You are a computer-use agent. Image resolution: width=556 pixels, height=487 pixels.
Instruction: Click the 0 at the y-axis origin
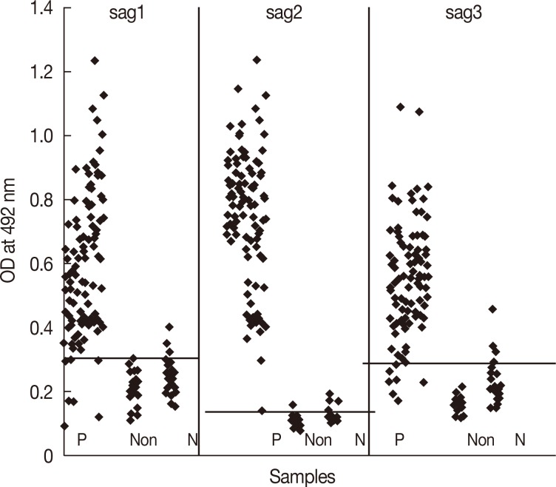pos(46,456)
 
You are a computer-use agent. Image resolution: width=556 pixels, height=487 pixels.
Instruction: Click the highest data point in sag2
pos(257,60)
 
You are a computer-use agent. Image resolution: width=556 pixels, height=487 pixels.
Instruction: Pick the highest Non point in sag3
pos(493,309)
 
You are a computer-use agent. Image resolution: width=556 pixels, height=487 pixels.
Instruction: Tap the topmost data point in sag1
pos(95,61)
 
